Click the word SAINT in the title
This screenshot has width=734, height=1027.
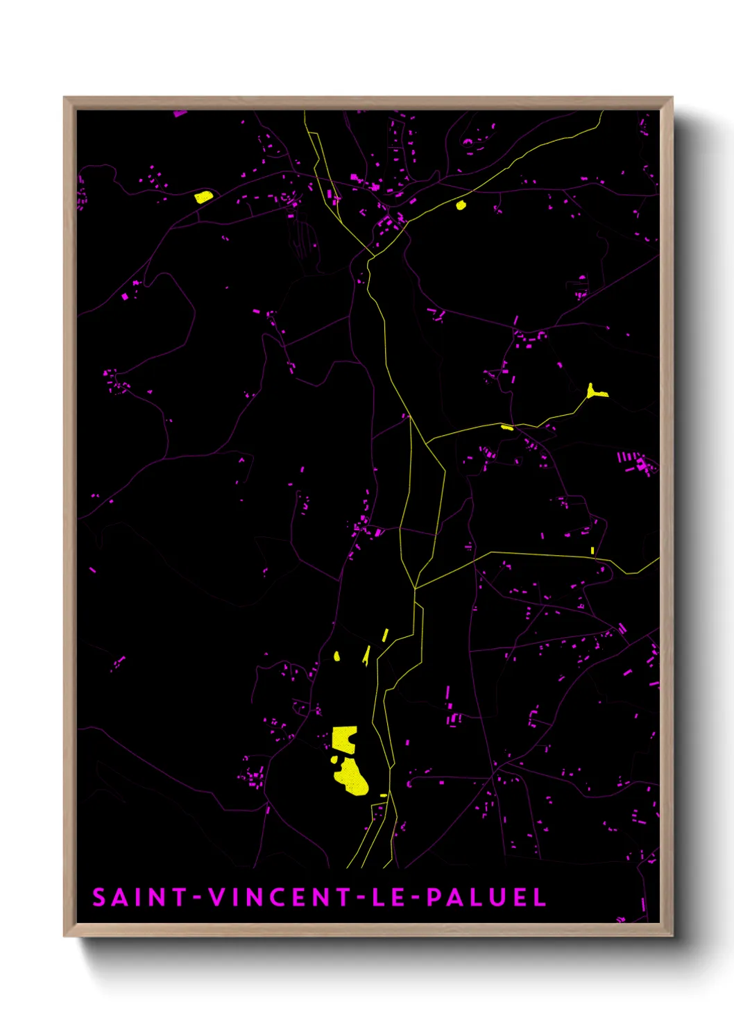click(139, 897)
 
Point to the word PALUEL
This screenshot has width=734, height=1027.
click(486, 897)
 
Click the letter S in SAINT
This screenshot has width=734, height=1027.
click(99, 897)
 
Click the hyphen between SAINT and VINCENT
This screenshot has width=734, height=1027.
click(197, 898)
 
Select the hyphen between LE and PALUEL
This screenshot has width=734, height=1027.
click(415, 898)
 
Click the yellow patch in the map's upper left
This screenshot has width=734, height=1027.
click(203, 197)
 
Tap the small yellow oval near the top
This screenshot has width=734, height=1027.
click(461, 205)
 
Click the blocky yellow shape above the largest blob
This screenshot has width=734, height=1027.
click(343, 738)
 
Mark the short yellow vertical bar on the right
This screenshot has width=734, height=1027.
click(592, 551)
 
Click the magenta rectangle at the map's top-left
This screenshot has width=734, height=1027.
click(180, 113)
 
